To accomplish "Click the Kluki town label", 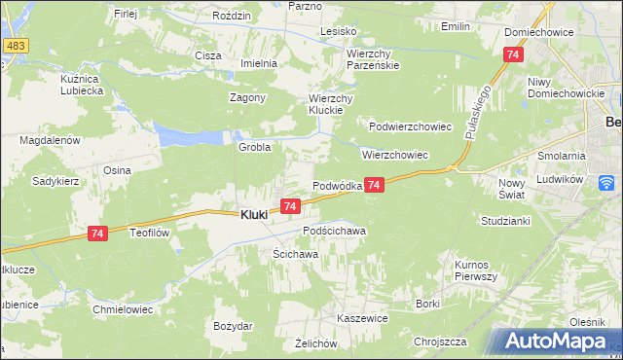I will tap(254, 215).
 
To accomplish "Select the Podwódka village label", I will tap(337, 186).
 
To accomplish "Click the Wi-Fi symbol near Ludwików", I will tap(606, 182).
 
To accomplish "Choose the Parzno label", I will tap(305, 6).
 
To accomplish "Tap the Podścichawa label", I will tap(334, 231).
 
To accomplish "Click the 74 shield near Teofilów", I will tap(96, 234).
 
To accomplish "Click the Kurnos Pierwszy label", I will tap(476, 270).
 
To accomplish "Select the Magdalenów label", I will tap(49, 140).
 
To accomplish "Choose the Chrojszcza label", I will tap(439, 342).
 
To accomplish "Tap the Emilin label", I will tap(456, 26).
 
